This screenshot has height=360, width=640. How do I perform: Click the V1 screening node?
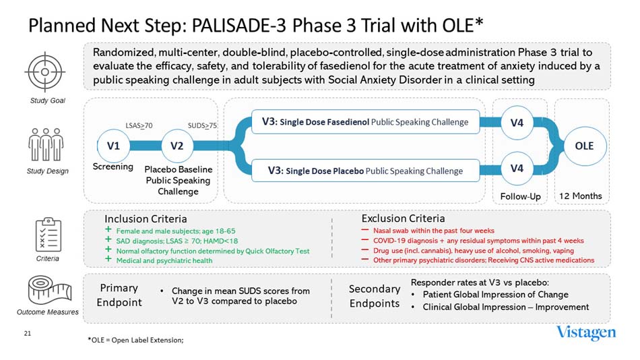(x=113, y=145)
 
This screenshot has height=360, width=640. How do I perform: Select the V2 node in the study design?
(x=178, y=145)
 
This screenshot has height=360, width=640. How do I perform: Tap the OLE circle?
(x=583, y=146)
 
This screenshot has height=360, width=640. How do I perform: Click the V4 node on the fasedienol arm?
(x=517, y=123)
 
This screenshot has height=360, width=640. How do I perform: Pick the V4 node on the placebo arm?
(x=517, y=169)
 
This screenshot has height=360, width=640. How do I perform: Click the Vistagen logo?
(x=585, y=333)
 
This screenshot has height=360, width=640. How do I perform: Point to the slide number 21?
(x=28, y=333)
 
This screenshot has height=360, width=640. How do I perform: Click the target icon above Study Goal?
(x=42, y=71)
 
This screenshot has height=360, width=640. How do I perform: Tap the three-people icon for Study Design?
(x=42, y=143)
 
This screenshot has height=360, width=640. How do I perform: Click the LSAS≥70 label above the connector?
(x=139, y=125)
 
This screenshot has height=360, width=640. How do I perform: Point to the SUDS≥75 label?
(x=201, y=125)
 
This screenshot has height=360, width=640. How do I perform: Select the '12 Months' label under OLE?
(x=581, y=196)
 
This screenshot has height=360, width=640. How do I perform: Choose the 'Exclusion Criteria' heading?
(x=403, y=218)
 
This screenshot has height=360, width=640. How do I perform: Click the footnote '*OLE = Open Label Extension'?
(x=135, y=340)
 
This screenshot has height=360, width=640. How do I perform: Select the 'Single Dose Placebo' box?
(x=366, y=171)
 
